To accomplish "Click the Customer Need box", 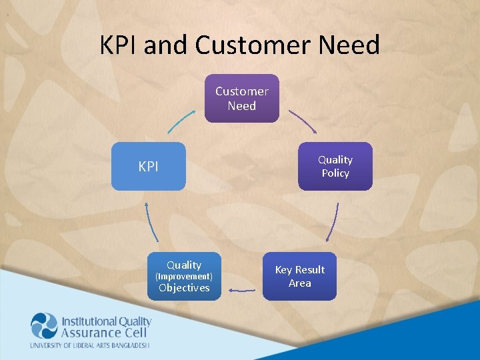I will (241, 99).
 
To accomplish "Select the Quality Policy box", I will (335, 166).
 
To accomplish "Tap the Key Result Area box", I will (299, 276).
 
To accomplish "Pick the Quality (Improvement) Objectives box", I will (184, 276).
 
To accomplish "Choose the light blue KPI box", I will (148, 167).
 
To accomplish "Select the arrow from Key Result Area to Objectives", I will (241, 290).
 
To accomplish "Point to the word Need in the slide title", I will (348, 45).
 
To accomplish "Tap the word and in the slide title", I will (167, 45).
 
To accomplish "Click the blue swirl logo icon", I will (45, 326).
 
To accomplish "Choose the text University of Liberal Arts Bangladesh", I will (90, 345).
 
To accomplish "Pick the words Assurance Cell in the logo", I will (101, 333).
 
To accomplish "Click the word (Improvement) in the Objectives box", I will (184, 276).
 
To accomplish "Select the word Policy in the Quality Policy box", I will (335, 173).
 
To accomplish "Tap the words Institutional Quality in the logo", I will (107, 321).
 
